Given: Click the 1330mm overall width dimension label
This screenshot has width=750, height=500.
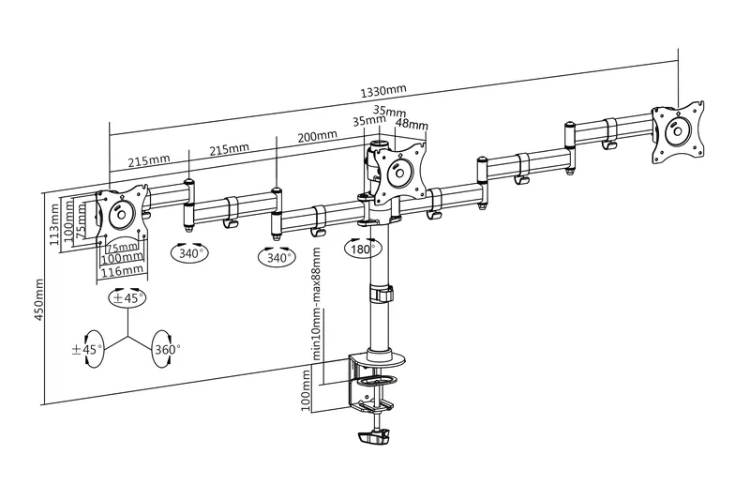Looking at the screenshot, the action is coord(383,91).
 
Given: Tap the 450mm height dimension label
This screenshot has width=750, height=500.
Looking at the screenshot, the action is coord(38,300).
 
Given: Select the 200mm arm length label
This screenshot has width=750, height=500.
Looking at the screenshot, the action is coord(317,137).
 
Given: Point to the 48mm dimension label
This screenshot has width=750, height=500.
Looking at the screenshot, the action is coord(411,124).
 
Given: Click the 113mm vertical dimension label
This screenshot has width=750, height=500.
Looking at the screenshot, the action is coord(54,224).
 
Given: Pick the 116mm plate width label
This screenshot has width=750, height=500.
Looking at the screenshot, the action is coord(122,270).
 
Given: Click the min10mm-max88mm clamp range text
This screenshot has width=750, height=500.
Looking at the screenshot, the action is coord(316,303).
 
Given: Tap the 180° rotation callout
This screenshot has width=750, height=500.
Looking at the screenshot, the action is coord(364,249).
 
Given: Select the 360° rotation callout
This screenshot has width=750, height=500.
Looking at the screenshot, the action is coord(167,349).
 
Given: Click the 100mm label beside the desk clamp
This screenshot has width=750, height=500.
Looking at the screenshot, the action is coord(307,390).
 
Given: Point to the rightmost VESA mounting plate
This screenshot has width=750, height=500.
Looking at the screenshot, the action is coord(678,130).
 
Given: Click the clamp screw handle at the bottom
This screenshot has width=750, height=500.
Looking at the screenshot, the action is coord(373,437).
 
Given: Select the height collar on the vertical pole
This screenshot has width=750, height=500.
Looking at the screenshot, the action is coord(381,294).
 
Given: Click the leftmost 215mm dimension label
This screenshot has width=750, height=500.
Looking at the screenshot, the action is coord(149,160).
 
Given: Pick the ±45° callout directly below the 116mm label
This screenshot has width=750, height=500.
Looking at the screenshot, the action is coord(127,297).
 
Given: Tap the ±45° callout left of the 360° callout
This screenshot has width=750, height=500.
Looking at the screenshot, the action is coord(87,349).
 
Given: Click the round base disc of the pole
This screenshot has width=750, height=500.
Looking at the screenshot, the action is coord(386,356).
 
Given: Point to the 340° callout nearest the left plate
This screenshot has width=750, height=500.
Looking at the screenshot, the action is coord(190,252).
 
